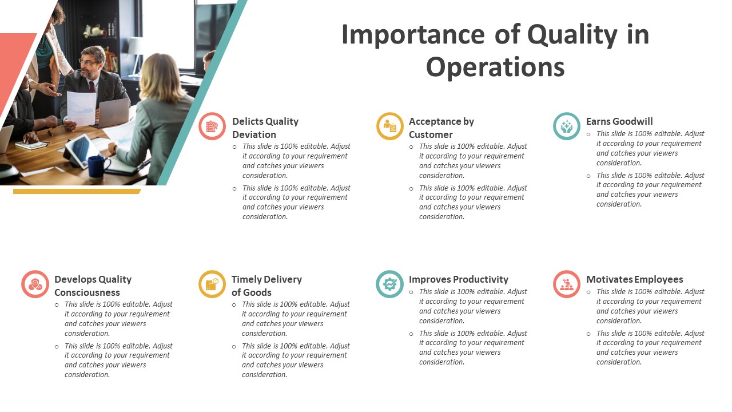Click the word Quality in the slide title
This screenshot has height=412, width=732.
pos(572,35)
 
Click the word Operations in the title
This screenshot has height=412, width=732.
pos(495,67)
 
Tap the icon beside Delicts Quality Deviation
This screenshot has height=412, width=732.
pos(212,126)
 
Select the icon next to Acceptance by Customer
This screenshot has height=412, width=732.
pos(390,126)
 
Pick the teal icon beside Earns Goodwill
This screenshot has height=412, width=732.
pos(567,126)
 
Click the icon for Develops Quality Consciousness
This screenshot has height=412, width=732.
pos(35,284)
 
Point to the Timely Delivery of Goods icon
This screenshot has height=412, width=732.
pos(212,284)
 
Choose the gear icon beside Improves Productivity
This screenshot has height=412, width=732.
pos(390,284)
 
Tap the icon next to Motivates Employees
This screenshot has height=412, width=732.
pos(567,284)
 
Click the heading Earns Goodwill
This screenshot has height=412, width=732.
pos(619,121)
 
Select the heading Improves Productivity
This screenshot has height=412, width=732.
pos(458,279)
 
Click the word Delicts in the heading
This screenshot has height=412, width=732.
pos(247,121)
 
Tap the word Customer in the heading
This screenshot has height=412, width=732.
pos(431,134)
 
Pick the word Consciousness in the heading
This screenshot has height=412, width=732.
pos(87,292)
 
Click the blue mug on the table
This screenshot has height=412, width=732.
pos(98,166)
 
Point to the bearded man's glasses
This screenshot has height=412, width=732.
pos(88,61)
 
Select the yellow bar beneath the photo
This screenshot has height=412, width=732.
pos(77,191)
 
